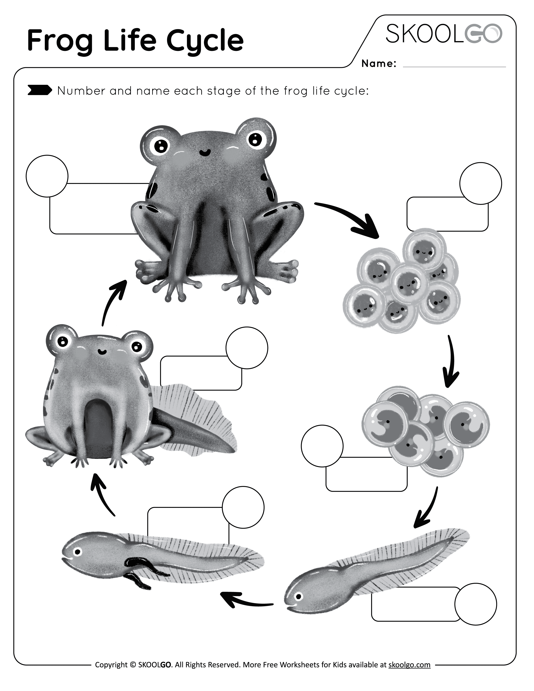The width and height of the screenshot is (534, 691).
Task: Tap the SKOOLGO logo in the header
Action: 444,34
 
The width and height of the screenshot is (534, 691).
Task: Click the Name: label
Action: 379,64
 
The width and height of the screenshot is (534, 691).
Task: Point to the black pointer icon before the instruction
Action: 40,90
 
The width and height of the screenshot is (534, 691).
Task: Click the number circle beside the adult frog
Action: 47,176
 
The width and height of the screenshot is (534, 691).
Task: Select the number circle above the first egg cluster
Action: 481,183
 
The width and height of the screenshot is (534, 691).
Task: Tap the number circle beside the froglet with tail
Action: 247,348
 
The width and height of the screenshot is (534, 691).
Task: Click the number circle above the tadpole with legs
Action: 243,507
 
